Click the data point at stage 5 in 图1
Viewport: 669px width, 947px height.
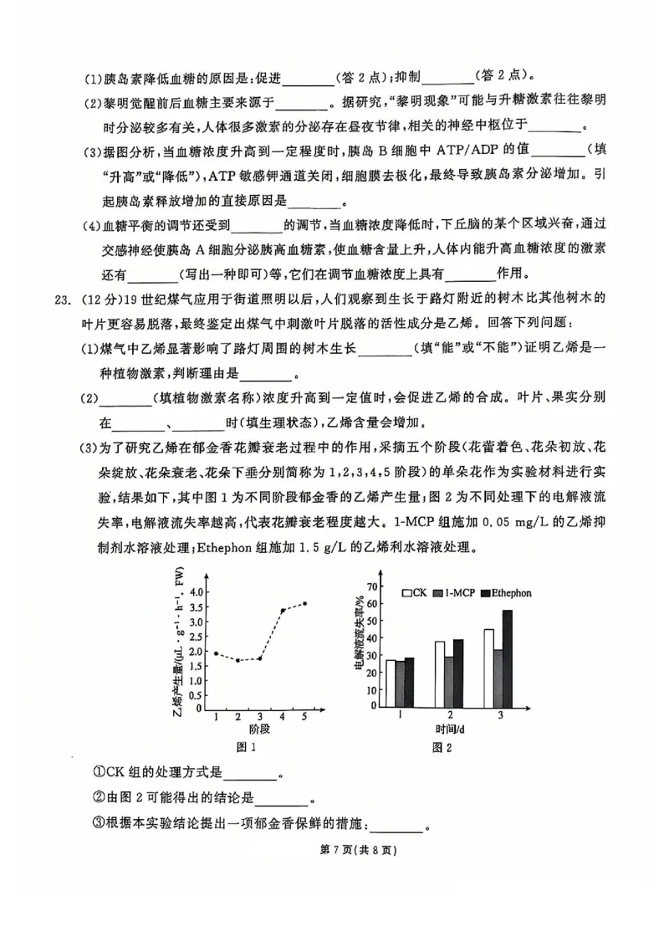[x=304, y=603]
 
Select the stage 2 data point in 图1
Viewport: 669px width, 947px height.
[x=237, y=660]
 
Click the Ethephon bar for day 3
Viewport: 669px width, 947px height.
[x=507, y=658]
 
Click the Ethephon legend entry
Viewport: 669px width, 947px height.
[x=501, y=592]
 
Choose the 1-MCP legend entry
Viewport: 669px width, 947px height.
[x=452, y=592]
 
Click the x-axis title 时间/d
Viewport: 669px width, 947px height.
[x=450, y=729]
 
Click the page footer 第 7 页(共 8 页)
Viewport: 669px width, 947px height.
[x=334, y=851]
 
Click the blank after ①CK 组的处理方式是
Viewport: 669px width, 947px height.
[x=250, y=775]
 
